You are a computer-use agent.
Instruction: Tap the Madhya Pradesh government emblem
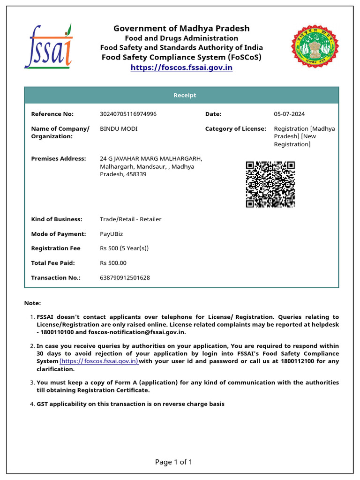click(311, 46)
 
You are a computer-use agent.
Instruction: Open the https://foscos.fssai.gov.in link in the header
click(181, 67)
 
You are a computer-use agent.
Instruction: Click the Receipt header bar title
click(185, 95)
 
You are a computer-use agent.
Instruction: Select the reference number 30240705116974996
click(128, 114)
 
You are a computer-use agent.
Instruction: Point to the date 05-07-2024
click(289, 114)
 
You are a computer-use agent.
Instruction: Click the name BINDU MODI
click(119, 128)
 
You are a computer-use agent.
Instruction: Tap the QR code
click(270, 184)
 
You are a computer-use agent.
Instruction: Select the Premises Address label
click(59, 158)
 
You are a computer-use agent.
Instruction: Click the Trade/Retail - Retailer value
click(130, 219)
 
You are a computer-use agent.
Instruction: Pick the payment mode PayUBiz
click(112, 234)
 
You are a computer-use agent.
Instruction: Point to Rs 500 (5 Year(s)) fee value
click(124, 248)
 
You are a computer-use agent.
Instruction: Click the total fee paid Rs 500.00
click(113, 263)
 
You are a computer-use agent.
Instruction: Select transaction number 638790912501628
click(125, 277)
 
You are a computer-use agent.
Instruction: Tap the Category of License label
click(235, 128)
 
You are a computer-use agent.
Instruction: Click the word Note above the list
click(32, 303)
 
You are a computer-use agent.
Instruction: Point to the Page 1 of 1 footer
click(173, 462)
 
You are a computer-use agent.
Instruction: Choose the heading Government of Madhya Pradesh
click(181, 29)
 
